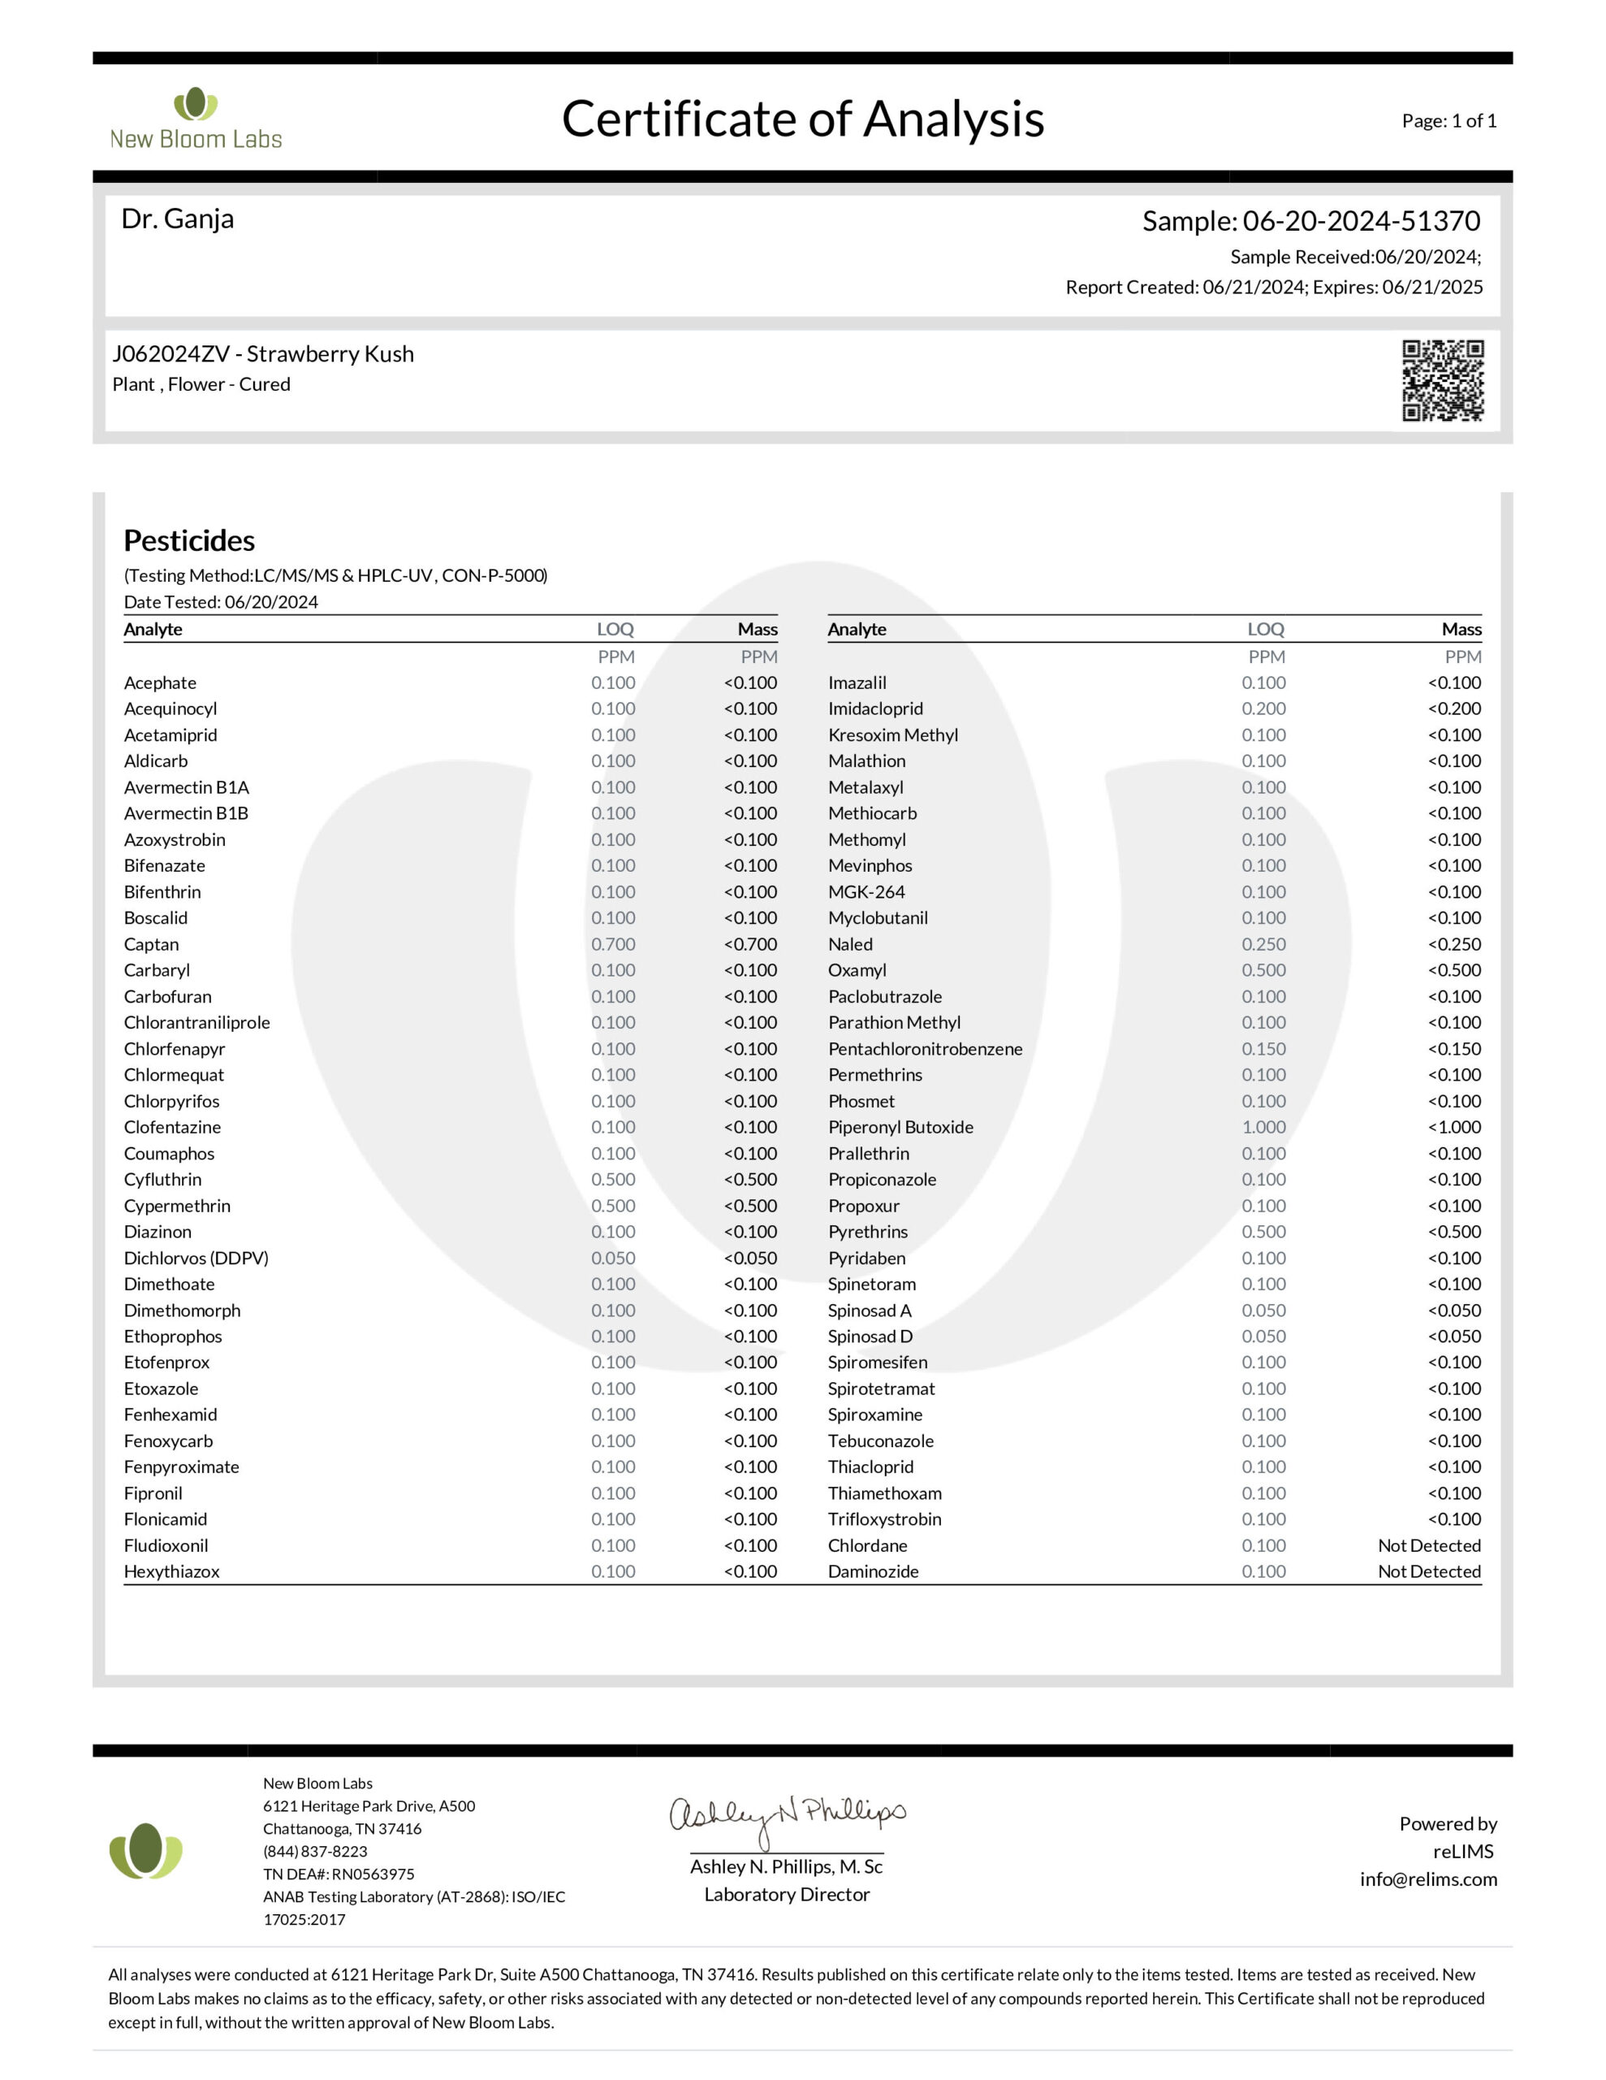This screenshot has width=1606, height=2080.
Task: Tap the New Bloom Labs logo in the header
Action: [x=196, y=120]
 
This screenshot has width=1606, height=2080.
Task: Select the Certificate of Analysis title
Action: [x=802, y=120]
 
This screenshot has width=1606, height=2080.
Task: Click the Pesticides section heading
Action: [x=188, y=541]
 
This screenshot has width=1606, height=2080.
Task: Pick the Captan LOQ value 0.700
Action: [x=612, y=944]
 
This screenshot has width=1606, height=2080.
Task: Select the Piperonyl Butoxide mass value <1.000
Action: [x=1453, y=1127]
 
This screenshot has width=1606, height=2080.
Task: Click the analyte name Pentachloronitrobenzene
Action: [x=924, y=1049]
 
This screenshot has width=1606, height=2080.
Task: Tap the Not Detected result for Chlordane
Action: [x=1428, y=1545]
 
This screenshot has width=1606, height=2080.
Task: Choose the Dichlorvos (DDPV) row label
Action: [x=196, y=1258]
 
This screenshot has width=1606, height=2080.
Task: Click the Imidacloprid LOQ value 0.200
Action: [x=1263, y=708]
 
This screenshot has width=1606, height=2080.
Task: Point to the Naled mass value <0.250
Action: [x=1453, y=944]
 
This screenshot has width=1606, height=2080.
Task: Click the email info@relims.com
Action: [x=1427, y=1879]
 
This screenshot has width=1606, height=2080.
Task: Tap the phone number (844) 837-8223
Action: [x=314, y=1851]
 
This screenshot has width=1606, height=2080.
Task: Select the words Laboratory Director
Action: [x=786, y=1894]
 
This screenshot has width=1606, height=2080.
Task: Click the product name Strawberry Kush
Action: [x=330, y=354]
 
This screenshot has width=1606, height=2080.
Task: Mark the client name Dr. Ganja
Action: [x=177, y=219]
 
